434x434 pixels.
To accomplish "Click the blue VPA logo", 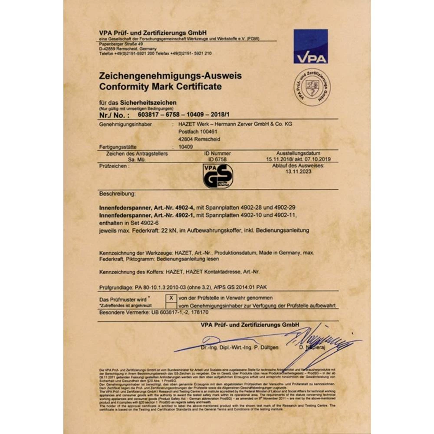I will [310, 46].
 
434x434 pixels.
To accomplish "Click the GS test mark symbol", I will [218, 176].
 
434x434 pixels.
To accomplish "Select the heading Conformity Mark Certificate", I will [160, 86].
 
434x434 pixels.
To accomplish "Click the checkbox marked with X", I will [171, 298].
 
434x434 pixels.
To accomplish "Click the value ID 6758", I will [217, 159].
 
